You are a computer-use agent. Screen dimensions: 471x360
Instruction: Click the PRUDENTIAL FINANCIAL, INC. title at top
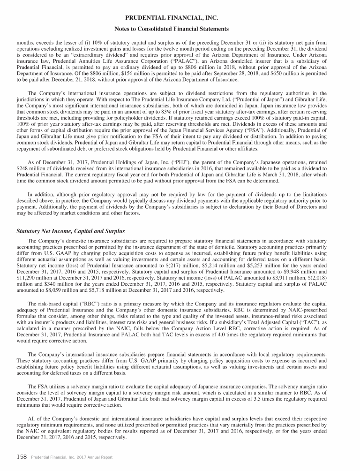coord(180,18)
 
